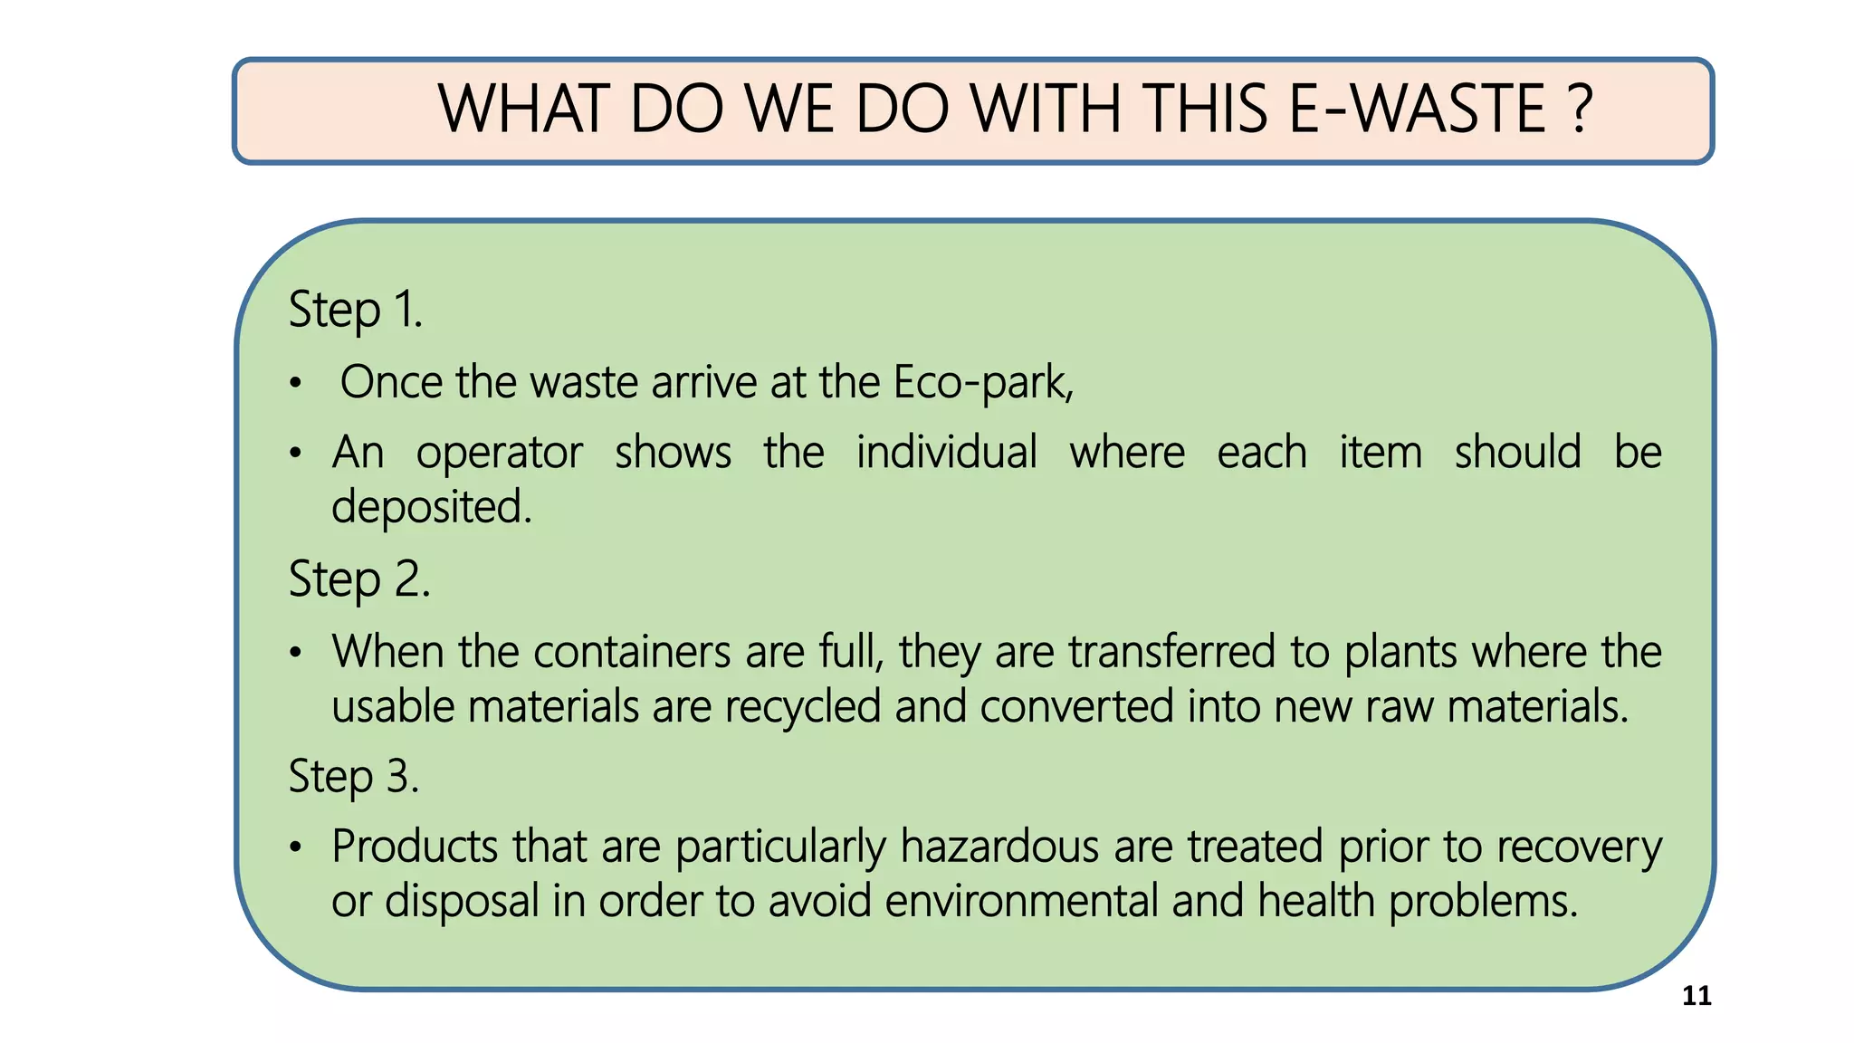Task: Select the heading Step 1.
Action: coord(355,311)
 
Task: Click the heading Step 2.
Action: coord(358,579)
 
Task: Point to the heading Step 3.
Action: coord(353,777)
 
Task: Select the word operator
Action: coord(499,453)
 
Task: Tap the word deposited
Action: coord(431,507)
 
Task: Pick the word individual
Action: coord(946,452)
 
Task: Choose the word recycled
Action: coord(802,707)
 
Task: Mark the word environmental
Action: coord(1021,901)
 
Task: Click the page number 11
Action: coord(1696,996)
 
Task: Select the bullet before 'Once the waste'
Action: coord(295,384)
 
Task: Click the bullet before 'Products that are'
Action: coord(295,848)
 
